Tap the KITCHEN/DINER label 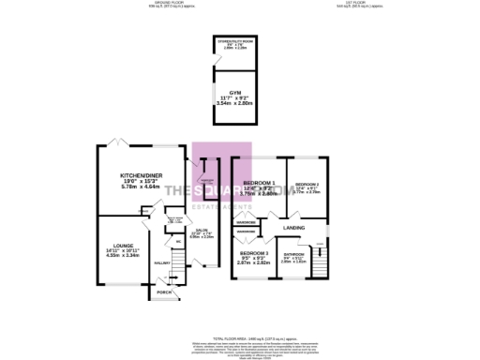pyautogui.click(x=142, y=175)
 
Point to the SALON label pyautogui.click(x=202, y=230)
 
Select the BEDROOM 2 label pyautogui.click(x=307, y=184)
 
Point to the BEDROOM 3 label pyautogui.click(x=253, y=254)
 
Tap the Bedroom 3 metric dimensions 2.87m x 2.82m pyautogui.click(x=253, y=264)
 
